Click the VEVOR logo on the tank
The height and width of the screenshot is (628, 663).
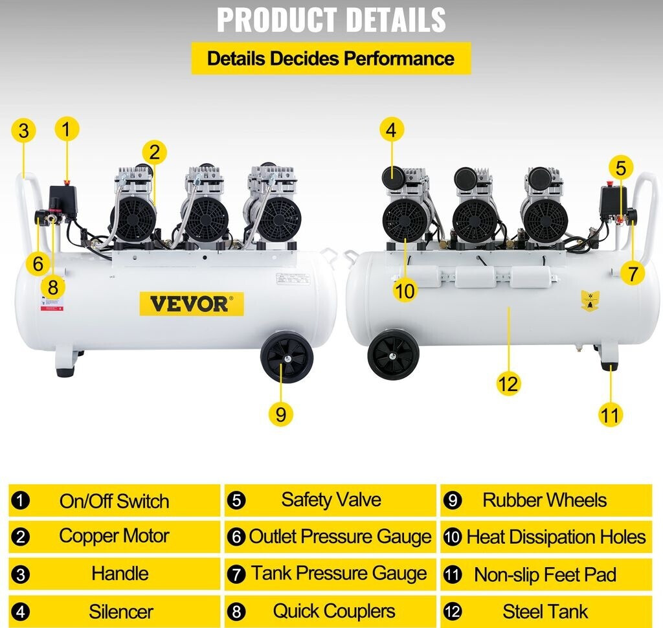tap(192, 304)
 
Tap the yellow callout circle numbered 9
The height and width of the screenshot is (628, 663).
tap(280, 414)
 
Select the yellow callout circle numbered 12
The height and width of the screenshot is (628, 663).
tap(508, 384)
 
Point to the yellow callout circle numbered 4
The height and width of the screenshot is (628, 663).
tap(390, 130)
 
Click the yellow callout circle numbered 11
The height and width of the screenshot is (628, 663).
tap(610, 414)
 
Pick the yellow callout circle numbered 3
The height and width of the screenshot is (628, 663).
tap(23, 131)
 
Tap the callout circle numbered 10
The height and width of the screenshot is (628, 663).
tap(405, 291)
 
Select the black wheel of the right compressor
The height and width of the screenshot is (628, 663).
tap(393, 354)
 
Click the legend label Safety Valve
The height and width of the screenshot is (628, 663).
tap(331, 500)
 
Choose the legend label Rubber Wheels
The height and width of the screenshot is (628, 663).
tap(545, 500)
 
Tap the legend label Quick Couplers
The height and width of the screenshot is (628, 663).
tap(333, 611)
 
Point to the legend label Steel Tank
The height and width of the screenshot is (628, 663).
tap(545, 611)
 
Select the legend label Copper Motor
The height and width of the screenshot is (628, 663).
tap(114, 536)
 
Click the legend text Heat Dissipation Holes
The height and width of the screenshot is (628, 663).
tap(556, 537)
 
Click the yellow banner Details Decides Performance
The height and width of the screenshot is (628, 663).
tap(330, 58)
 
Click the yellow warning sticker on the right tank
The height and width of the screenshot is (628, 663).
tap(589, 300)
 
